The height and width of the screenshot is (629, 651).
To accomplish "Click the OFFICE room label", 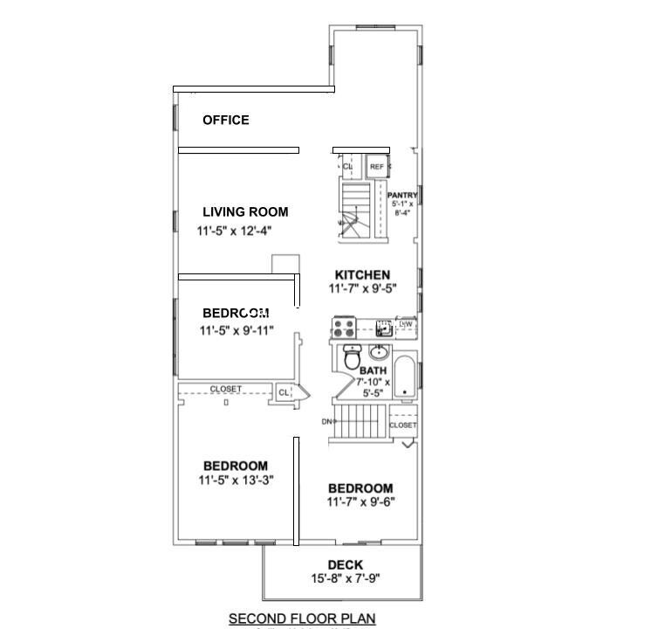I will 226,121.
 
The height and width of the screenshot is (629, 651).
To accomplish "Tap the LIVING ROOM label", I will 245,212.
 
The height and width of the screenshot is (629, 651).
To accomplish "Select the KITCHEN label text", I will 362,275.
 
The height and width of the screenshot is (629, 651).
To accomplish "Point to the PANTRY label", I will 402,196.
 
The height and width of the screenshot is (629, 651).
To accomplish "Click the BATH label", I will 373,371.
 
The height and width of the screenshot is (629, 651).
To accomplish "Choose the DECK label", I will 346,565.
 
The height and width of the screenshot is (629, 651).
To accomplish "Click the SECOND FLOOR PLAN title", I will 302,619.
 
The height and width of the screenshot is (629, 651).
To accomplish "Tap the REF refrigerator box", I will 377,166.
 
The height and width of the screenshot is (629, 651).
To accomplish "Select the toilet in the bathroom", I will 353,358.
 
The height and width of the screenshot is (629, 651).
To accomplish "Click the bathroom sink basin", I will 380,353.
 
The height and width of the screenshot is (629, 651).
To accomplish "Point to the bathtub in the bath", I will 406,377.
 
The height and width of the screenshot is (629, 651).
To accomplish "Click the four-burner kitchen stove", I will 342,328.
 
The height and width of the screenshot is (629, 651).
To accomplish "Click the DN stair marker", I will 327,422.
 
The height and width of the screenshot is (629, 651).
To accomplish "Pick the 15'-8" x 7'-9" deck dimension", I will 346,578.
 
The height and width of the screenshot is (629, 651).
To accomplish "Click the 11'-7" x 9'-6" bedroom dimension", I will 360,502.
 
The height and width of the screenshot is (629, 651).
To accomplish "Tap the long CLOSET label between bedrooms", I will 226,389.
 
